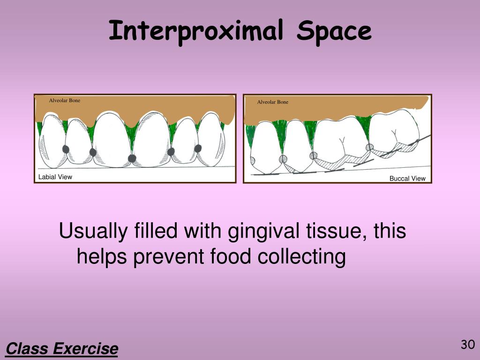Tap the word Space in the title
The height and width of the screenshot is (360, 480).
click(335, 32)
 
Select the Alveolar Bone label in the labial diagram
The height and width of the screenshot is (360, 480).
click(65, 100)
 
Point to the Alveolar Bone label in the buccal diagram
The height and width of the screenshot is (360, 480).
click(273, 102)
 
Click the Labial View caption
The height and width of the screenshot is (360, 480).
click(55, 177)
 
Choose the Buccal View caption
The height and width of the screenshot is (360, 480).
click(407, 178)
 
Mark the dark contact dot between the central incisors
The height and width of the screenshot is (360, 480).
click(133, 158)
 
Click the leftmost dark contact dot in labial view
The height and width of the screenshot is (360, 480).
click(66, 149)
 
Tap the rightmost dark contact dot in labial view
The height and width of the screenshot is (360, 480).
click(198, 148)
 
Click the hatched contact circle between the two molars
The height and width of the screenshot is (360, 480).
click(370, 147)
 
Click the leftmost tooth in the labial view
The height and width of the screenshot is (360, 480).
click(50, 143)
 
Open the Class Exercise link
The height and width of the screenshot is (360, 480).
click(62, 349)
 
